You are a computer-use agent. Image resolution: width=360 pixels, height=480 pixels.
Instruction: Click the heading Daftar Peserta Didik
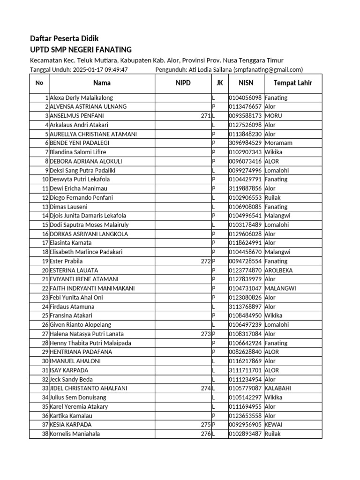pos(64,38)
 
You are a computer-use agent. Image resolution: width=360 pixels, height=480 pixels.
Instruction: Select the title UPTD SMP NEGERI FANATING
pos(81,50)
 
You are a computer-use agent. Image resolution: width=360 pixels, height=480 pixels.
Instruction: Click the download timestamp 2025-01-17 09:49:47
pos(100,70)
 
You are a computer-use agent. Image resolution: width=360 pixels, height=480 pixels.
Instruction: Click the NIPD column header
pos(183,83)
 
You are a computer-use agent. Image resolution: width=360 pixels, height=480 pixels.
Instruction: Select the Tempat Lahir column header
pos(292,83)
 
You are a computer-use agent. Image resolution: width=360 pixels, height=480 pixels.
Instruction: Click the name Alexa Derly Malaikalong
pos(81,98)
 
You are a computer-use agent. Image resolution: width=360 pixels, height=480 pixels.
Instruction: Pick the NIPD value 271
pos(205,116)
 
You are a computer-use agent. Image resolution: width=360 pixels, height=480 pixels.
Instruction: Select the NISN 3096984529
pos(245,143)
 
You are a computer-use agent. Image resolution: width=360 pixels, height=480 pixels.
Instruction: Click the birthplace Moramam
pos(278,143)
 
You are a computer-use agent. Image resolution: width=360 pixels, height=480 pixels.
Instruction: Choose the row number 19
pos(45,261)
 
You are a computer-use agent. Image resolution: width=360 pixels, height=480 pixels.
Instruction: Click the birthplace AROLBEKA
pos(280,270)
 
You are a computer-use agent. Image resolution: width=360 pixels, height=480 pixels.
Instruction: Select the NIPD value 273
pos(205,334)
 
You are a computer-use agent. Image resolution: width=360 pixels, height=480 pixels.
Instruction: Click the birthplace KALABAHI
pos(278,389)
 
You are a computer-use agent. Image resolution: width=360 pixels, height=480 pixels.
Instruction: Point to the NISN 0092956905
pos(245,425)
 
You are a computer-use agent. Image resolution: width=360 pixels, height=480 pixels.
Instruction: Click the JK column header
pos(219,83)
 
